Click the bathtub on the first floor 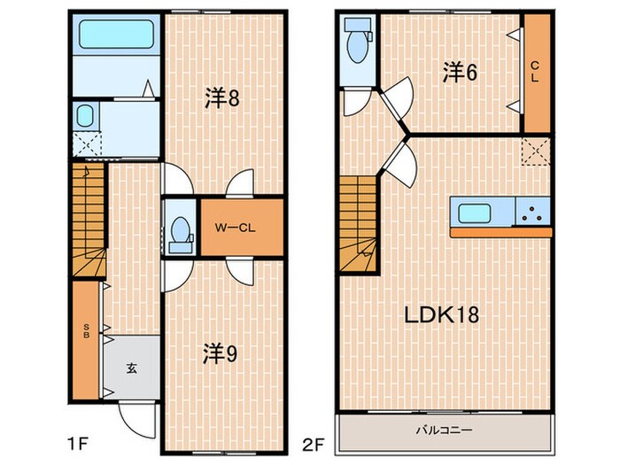point(116,34)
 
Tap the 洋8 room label point(222,98)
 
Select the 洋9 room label point(221,353)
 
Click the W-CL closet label point(236,228)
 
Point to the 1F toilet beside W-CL point(181,235)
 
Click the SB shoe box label point(86,331)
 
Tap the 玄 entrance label point(132,368)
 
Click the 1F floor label point(78,445)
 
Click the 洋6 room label point(460,73)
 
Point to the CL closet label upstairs point(535,71)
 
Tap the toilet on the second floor point(358,41)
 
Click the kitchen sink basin point(475,213)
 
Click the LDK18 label point(441,314)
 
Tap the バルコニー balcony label point(444,430)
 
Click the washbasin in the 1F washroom point(85,116)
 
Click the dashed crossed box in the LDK point(535,151)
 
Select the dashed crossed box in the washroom point(87,144)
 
